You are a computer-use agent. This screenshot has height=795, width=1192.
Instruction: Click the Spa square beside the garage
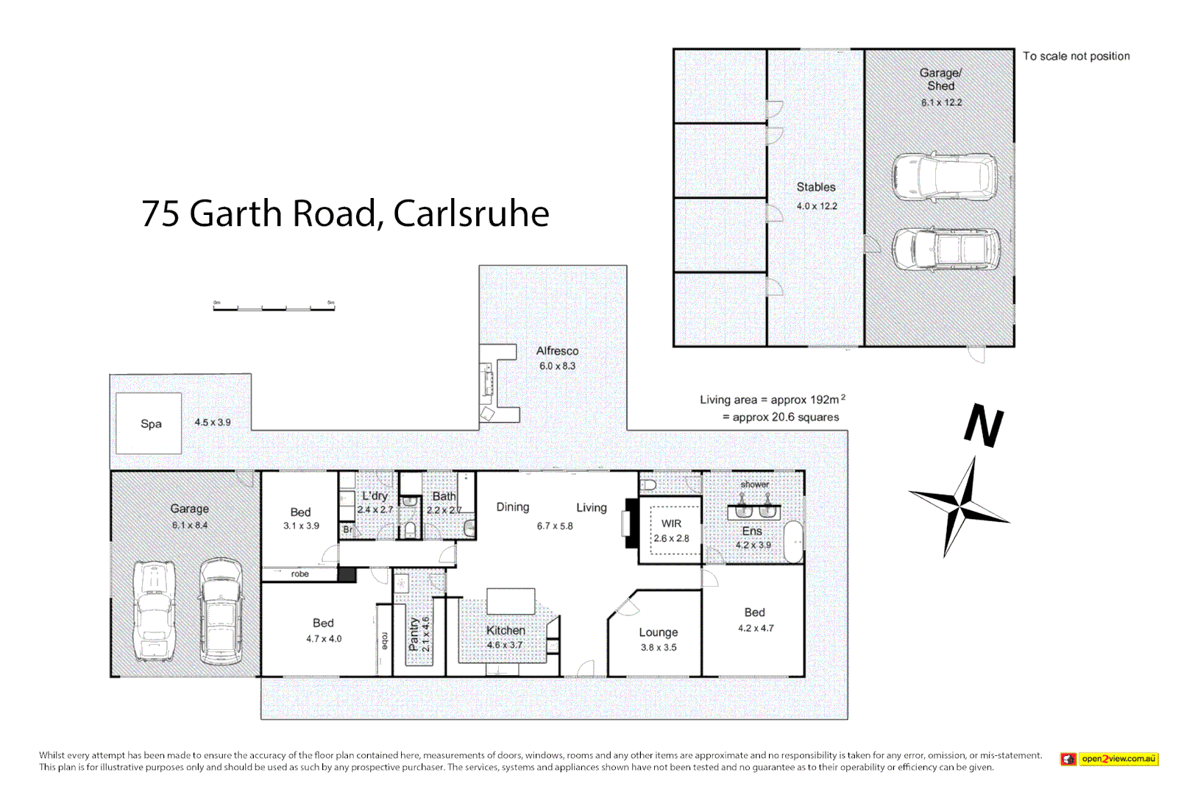point(149,423)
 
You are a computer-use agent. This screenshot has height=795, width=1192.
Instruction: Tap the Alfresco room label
point(557,351)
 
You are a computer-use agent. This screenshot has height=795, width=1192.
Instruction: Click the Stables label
point(816,187)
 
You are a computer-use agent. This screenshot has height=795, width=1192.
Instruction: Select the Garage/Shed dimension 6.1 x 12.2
point(941,102)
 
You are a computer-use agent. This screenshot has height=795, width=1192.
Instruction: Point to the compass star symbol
point(959,506)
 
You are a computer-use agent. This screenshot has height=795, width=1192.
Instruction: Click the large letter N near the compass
point(984,425)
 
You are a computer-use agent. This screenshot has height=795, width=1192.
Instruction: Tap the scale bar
point(274,308)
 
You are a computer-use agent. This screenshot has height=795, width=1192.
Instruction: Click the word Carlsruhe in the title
point(471,214)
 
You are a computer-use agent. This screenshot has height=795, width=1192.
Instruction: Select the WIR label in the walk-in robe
point(671,523)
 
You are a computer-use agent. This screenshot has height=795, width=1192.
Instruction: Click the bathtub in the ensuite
point(794,543)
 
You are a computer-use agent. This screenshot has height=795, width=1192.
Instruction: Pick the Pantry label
point(414,634)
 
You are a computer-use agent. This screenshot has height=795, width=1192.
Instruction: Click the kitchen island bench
point(511,601)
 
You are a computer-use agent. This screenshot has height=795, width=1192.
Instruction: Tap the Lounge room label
point(658,632)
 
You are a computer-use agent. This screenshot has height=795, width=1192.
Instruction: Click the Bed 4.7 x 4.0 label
point(323,623)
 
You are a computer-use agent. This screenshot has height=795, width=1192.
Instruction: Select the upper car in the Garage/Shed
point(945,177)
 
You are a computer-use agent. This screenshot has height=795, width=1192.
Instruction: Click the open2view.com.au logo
point(1110,759)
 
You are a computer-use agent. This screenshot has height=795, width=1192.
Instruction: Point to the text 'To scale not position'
point(1076,56)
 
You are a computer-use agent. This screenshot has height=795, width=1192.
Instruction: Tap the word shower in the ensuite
point(754,484)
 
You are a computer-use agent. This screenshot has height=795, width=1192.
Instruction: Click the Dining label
point(512,507)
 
